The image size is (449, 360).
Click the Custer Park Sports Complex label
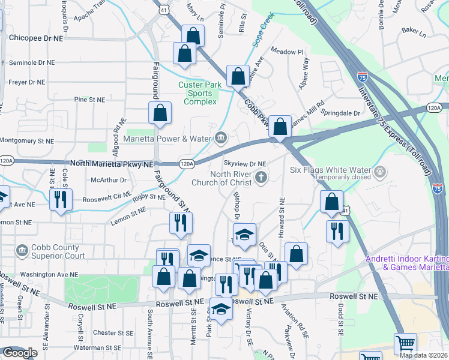click(203, 93)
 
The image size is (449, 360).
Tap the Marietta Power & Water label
click(168, 139)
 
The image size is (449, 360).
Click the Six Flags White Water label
click(332, 170)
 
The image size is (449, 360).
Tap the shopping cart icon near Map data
click(405, 344)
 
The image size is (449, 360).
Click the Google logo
click(20, 353)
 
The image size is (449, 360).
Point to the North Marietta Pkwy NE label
click(112, 163)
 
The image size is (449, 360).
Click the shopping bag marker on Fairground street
click(160, 113)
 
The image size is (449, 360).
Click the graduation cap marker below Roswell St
click(221, 309)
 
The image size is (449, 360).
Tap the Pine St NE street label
click(89, 99)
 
